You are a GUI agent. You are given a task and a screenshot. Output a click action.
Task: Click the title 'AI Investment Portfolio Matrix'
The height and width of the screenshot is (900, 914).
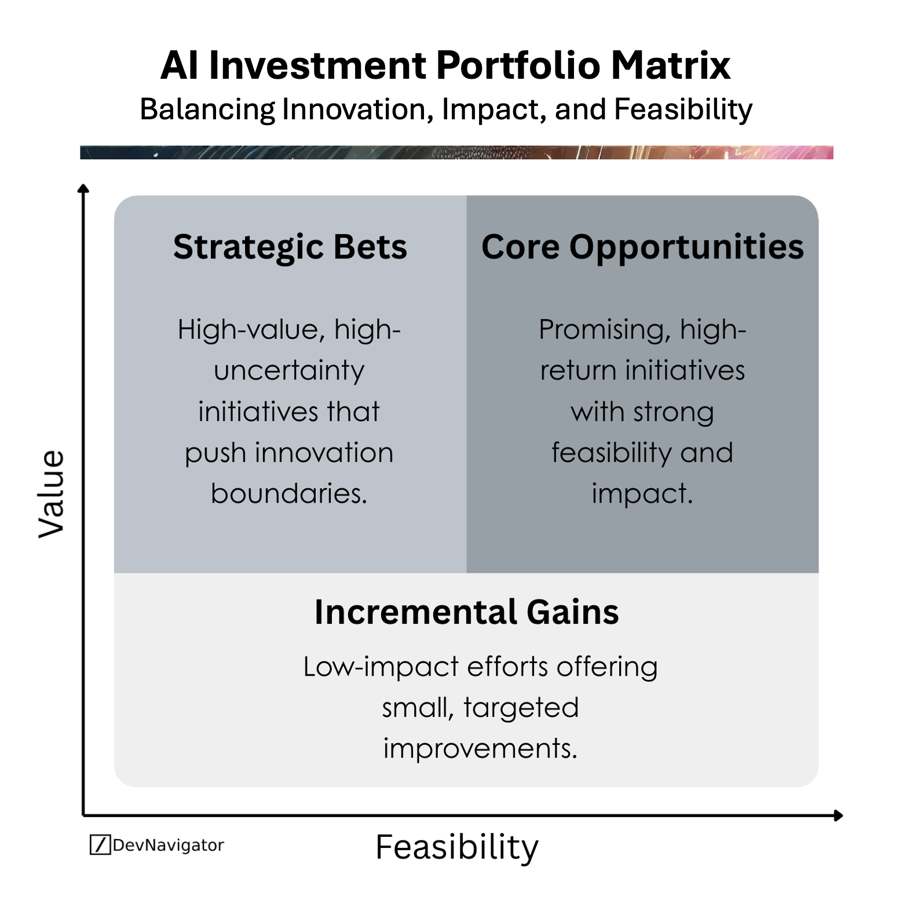click(445, 65)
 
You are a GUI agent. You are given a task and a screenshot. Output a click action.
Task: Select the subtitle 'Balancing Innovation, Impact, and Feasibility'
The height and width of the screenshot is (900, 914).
click(446, 109)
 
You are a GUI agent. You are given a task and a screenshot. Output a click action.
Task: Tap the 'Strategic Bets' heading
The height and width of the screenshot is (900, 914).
click(290, 247)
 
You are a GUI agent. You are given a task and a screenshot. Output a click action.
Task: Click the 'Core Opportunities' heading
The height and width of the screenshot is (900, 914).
click(642, 247)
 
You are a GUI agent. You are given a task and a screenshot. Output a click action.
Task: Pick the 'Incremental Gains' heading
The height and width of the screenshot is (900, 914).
click(466, 612)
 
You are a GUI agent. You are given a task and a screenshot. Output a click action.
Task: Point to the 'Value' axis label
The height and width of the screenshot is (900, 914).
click(51, 493)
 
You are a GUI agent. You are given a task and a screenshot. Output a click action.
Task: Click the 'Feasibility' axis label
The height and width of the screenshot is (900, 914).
click(457, 847)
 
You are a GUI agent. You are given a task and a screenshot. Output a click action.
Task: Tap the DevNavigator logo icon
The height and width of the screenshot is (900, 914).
click(100, 845)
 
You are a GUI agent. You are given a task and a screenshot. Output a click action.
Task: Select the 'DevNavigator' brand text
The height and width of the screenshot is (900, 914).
click(168, 845)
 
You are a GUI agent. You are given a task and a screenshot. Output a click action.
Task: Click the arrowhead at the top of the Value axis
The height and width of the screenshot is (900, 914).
click(83, 189)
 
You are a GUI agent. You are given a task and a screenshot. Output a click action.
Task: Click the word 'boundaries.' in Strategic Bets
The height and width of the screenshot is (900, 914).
click(289, 493)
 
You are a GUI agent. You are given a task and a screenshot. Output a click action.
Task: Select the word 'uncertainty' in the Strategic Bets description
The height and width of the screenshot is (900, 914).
click(289, 371)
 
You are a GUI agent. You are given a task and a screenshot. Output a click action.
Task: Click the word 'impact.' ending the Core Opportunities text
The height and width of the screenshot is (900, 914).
click(642, 493)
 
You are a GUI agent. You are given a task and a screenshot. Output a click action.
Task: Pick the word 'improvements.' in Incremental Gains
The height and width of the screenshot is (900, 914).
click(480, 748)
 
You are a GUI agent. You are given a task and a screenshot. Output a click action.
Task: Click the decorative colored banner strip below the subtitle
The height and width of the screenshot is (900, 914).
click(456, 152)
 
